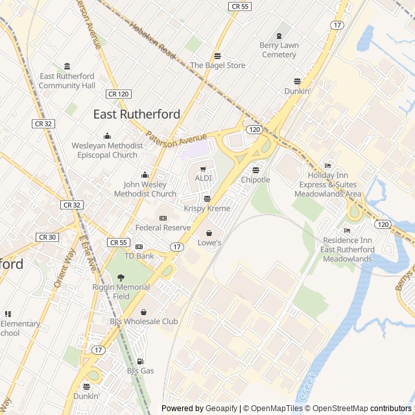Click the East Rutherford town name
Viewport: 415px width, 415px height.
coord(137,114)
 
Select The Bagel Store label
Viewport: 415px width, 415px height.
coord(217,65)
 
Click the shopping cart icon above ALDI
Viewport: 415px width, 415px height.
coord(203,169)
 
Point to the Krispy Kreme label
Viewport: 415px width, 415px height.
coord(206,208)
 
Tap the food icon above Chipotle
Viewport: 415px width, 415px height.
coord(255,170)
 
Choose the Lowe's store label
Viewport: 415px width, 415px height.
coord(209,243)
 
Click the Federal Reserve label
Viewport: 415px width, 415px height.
coord(163,228)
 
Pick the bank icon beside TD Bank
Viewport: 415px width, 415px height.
coord(139,246)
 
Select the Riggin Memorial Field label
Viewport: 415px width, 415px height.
coord(121,291)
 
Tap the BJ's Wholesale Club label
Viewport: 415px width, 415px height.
coord(143,321)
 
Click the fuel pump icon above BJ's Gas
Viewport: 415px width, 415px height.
coord(140,361)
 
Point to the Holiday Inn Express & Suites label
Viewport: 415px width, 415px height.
coord(327,180)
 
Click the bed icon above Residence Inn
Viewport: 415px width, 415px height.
coord(347,230)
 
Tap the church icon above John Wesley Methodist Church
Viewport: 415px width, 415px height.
coord(145,175)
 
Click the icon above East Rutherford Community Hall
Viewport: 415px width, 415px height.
coord(67,66)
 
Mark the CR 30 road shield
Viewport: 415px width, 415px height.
coord(47,237)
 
